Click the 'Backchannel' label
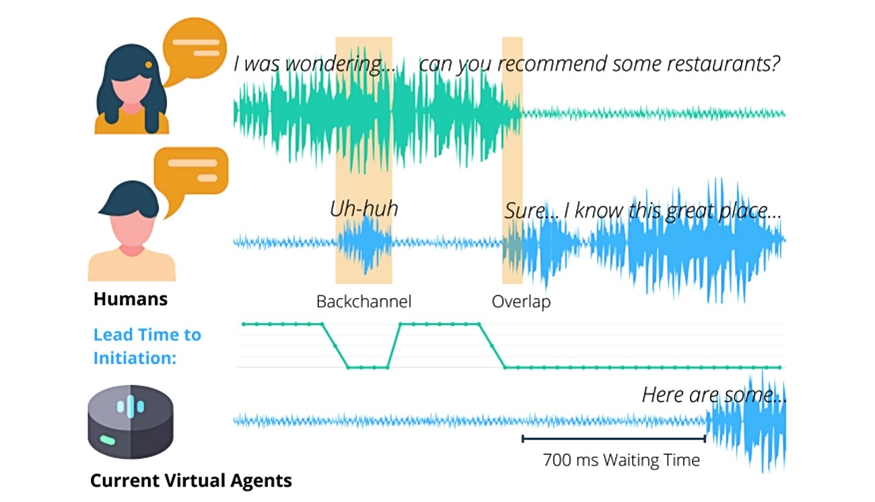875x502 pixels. click(363, 301)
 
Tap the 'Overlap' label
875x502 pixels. click(521, 302)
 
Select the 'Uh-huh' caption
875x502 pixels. click(364, 209)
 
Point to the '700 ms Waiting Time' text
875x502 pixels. click(621, 460)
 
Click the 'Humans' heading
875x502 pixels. click(131, 299)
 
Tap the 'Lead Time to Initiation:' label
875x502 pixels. click(147, 346)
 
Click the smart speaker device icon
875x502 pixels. click(131, 422)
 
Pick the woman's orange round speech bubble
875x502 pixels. click(194, 49)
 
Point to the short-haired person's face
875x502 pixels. click(132, 231)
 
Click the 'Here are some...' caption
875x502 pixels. click(714, 395)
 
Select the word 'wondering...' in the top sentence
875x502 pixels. click(340, 65)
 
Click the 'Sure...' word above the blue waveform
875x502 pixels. click(530, 211)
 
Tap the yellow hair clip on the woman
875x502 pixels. click(149, 65)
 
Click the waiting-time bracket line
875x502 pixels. click(614, 439)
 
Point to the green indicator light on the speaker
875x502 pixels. click(108, 440)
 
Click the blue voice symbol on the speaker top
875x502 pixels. click(131, 406)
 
